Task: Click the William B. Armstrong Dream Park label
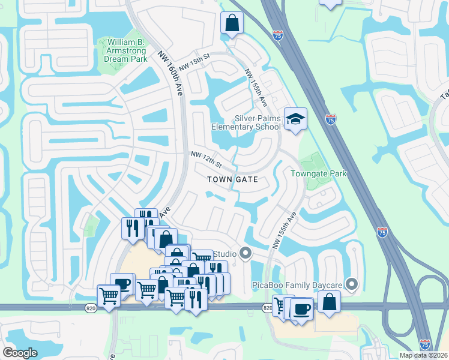coord(126,51)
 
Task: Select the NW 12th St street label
coord(206,160)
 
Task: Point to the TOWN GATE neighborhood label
coord(233,179)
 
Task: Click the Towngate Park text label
coord(319,173)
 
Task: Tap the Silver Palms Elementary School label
coord(246,122)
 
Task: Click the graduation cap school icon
coord(295,119)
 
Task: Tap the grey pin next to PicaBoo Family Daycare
coord(353,283)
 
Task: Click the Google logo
coord(20,353)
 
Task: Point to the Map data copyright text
coord(424,355)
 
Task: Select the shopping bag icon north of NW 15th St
coord(232,24)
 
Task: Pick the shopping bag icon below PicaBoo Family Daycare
coord(329,302)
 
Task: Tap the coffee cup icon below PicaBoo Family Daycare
coord(301,309)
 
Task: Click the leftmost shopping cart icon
coord(109,296)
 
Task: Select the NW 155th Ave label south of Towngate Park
coord(285,230)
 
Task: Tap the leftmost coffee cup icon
coord(122,284)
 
